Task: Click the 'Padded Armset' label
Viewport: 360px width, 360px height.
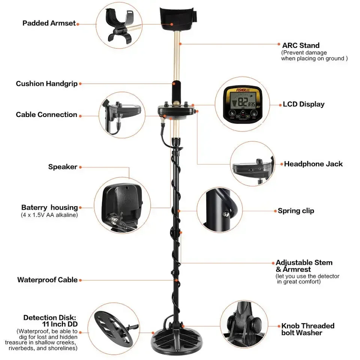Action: click(x=49, y=23)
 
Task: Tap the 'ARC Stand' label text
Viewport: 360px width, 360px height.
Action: click(x=301, y=46)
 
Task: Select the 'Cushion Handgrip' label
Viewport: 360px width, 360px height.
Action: click(x=46, y=84)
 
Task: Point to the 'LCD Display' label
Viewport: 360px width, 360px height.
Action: click(x=303, y=104)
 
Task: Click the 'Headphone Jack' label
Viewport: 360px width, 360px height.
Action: click(x=313, y=164)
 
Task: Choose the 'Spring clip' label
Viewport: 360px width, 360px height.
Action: click(x=296, y=211)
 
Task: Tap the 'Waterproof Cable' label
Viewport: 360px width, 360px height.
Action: click(x=47, y=280)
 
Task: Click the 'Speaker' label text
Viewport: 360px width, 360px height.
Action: click(x=63, y=167)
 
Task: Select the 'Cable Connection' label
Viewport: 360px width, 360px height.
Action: click(x=46, y=115)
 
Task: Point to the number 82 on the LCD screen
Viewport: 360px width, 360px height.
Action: click(x=243, y=103)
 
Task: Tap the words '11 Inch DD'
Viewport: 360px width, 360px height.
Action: click(x=60, y=324)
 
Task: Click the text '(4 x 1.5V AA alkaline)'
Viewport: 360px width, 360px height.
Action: click(x=49, y=215)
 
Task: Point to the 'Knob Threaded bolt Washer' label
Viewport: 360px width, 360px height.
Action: click(x=307, y=329)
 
